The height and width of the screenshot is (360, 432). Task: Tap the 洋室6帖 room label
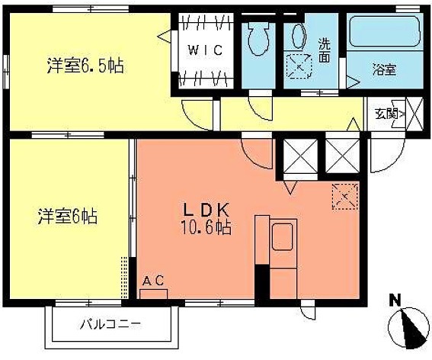[x=69, y=216]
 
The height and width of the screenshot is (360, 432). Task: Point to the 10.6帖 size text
[x=205, y=227]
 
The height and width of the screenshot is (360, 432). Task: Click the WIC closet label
[x=205, y=51]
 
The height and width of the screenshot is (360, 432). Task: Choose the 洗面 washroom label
[x=325, y=50]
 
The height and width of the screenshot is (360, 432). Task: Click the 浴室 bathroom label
[x=383, y=69]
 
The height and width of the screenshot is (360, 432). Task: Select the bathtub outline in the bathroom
[x=382, y=34]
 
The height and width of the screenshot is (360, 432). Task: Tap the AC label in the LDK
[x=153, y=281]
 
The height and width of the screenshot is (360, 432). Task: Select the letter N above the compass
[x=395, y=300]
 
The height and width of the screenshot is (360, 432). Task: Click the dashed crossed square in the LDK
[x=344, y=198]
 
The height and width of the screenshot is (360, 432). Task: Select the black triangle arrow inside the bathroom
[x=353, y=80]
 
